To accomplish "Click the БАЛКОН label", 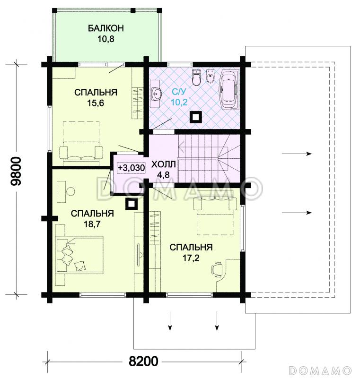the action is point(106,28).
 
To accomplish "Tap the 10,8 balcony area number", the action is point(106,39).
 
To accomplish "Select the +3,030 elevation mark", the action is point(131,168).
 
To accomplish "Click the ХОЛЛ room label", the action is point(163,164).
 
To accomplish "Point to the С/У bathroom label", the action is point(179,92).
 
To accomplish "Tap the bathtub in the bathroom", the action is point(229,90).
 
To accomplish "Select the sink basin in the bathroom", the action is point(157,94).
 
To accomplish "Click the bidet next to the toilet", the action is point(211,76).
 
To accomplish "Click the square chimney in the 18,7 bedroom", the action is point(132,204).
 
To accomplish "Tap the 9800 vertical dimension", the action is point(17,171).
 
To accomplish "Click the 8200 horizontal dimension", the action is point(143,361).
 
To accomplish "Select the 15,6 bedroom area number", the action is point(95,103).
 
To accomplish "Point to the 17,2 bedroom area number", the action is point(191,258).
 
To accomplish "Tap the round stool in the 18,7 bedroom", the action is point(70,191).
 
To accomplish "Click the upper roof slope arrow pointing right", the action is point(297,154).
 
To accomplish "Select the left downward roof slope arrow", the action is point(170,321).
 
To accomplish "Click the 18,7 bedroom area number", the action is point(92,224).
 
